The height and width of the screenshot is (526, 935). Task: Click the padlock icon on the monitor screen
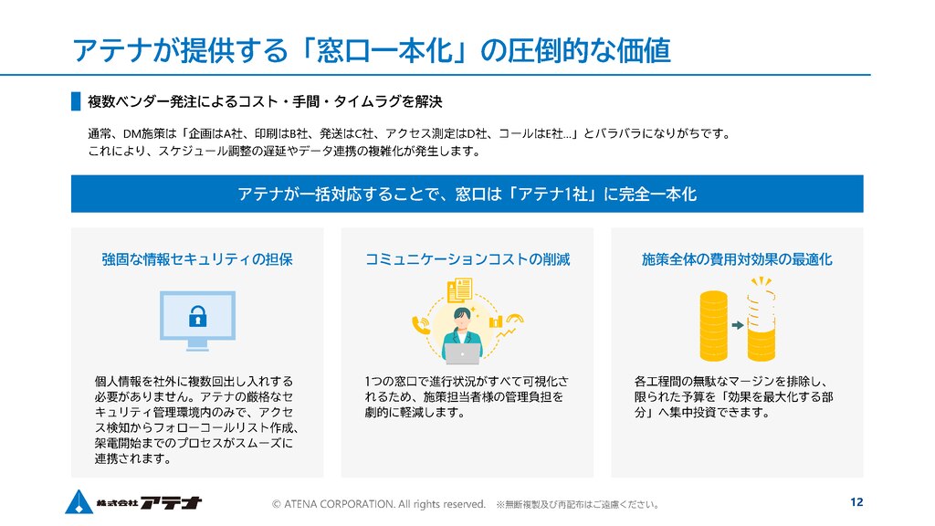click(x=197, y=316)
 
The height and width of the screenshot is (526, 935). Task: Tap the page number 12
click(x=856, y=502)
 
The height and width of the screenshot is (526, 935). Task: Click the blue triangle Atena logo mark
click(x=79, y=501)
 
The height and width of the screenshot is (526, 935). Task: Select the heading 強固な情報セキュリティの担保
click(x=197, y=259)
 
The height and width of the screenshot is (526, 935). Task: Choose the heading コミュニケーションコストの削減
click(x=467, y=259)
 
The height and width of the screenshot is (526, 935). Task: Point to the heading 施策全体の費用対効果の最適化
click(x=737, y=259)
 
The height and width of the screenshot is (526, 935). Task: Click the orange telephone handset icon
click(x=421, y=325)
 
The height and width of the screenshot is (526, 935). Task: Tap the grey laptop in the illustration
click(x=462, y=353)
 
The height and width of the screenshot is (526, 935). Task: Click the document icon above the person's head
click(x=460, y=289)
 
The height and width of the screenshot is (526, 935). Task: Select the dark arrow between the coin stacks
click(x=738, y=325)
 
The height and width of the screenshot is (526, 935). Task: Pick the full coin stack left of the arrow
click(x=714, y=326)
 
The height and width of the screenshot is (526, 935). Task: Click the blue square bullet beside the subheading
click(x=76, y=101)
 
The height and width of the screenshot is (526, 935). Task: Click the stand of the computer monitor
click(x=197, y=344)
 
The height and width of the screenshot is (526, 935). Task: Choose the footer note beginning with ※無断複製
click(x=577, y=504)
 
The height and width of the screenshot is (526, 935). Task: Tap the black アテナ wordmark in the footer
click(x=172, y=503)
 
